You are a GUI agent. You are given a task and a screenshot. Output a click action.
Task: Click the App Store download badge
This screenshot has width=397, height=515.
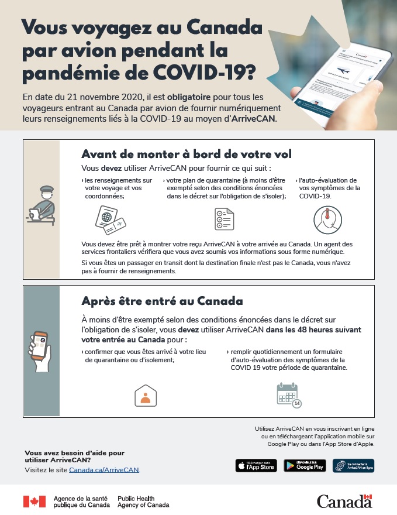(256, 466)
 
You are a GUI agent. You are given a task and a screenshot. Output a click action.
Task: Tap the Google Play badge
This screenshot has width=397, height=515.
(305, 466)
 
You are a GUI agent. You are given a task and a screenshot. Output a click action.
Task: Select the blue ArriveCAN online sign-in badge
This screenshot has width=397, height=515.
(353, 466)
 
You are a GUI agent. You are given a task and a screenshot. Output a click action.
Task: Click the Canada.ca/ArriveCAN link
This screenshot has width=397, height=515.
(104, 470)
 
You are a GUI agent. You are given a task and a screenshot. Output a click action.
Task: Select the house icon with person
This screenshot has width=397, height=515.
(146, 396)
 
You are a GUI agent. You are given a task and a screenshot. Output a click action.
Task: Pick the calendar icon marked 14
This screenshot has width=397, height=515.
(288, 395)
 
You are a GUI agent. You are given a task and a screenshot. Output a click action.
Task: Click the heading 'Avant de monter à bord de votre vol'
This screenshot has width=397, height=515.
(187, 154)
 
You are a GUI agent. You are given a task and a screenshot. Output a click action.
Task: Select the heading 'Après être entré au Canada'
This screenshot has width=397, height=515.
(162, 301)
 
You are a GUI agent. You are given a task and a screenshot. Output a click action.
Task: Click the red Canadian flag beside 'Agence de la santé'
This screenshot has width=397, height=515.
(34, 501)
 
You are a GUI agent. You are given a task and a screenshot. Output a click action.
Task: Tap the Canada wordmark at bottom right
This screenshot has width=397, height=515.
(344, 501)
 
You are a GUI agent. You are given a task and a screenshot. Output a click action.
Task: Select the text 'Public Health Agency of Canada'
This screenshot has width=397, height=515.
(143, 501)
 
